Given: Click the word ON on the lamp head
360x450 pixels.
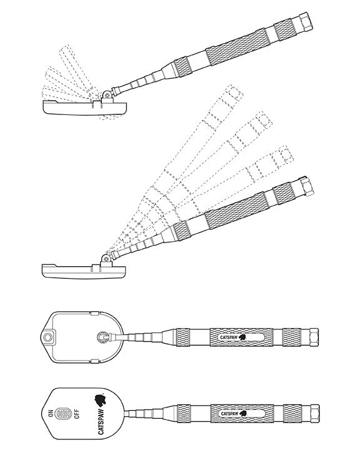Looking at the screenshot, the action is [x=51, y=413].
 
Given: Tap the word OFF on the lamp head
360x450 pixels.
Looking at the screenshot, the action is [x=77, y=414].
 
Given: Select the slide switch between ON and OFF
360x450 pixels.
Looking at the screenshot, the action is [x=63, y=414].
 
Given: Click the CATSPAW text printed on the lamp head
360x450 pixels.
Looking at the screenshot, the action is [x=101, y=421].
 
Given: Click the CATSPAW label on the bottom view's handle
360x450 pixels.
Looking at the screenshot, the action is [x=229, y=414].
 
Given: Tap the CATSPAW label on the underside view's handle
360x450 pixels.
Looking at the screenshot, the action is [x=229, y=337].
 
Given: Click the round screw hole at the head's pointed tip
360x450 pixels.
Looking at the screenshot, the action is [x=48, y=337].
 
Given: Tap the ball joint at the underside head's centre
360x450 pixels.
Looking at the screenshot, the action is [x=102, y=337].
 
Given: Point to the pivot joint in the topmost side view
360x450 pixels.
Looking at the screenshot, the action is [x=107, y=95].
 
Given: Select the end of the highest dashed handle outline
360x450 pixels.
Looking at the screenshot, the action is [x=234, y=92].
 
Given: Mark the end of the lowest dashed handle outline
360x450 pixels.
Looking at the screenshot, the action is [x=286, y=154].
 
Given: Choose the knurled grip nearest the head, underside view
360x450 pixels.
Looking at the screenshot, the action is [x=183, y=337].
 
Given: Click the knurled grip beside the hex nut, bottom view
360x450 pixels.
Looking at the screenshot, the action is [x=291, y=414].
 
